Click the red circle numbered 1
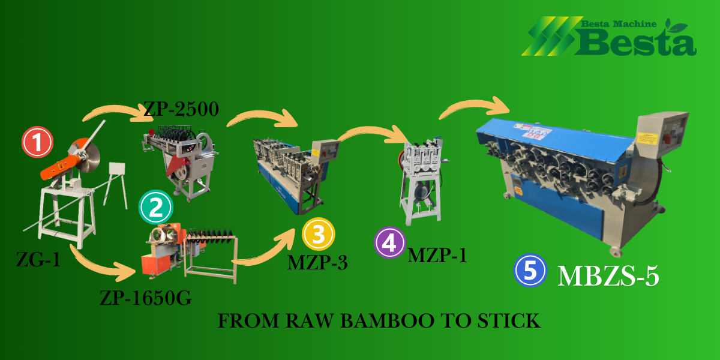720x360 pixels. [37, 142]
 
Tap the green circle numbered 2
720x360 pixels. [155, 208]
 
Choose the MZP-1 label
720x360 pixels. [437, 256]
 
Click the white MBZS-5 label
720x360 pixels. [609, 276]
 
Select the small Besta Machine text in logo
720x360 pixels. [618, 25]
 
